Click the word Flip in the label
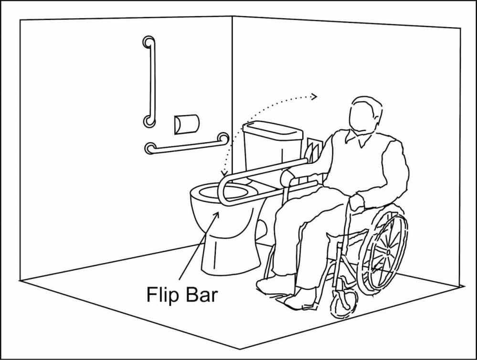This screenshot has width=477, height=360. click(x=160, y=294)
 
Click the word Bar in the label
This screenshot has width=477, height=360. click(x=201, y=294)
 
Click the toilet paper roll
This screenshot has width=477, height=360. click(x=186, y=124)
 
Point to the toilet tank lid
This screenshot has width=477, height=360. click(x=272, y=128)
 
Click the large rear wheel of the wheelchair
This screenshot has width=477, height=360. click(x=385, y=251)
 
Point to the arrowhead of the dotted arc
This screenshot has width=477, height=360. click(x=314, y=97)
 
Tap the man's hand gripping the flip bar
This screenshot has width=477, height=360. click(x=288, y=178)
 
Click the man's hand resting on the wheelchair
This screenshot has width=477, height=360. click(x=355, y=202)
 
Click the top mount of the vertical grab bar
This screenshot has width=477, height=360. click(x=148, y=42)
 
